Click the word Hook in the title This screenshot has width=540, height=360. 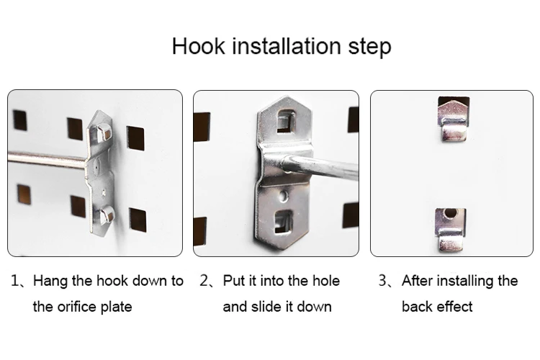pos(199,46)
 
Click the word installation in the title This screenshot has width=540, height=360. pos(287,46)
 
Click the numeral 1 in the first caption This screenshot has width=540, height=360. pos(14,281)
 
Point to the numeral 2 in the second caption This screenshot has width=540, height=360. pos(204,281)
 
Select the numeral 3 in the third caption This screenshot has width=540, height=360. pos(382,281)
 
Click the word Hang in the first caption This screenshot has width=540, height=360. pos(50,281)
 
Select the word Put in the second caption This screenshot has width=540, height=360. pos(234,281)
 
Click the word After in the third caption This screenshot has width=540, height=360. pos(418,281)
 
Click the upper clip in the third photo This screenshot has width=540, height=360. pos(454,120)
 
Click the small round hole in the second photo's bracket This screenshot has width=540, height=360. pos(284,197)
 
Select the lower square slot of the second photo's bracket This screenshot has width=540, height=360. pos(283,221)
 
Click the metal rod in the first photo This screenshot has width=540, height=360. pos(48,159)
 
